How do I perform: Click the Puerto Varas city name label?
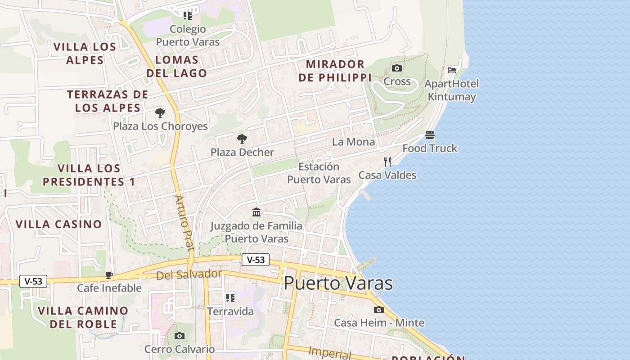(x=338, y=283)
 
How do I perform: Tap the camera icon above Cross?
(x=396, y=68)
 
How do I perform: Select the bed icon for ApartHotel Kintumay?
(x=452, y=70)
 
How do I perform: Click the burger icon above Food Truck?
(x=430, y=135)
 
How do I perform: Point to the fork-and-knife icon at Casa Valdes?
(x=387, y=162)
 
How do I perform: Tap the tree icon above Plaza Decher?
(x=242, y=139)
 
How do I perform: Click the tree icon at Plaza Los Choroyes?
(x=160, y=113)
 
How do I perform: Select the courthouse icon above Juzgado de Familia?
(x=256, y=212)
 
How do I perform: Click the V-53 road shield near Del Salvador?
(x=256, y=260)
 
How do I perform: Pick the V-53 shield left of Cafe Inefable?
(x=33, y=281)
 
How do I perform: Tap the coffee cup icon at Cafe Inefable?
(x=109, y=275)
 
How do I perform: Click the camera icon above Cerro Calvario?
(x=179, y=336)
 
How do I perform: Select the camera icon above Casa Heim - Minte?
(x=379, y=310)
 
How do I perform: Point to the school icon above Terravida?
(x=230, y=297)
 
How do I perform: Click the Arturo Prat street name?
(x=184, y=223)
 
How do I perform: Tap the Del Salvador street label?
(x=189, y=274)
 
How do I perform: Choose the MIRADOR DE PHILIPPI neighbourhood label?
(x=335, y=71)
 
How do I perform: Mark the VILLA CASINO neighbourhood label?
(x=58, y=224)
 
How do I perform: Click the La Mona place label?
(x=353, y=142)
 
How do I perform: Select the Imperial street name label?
(x=330, y=352)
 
